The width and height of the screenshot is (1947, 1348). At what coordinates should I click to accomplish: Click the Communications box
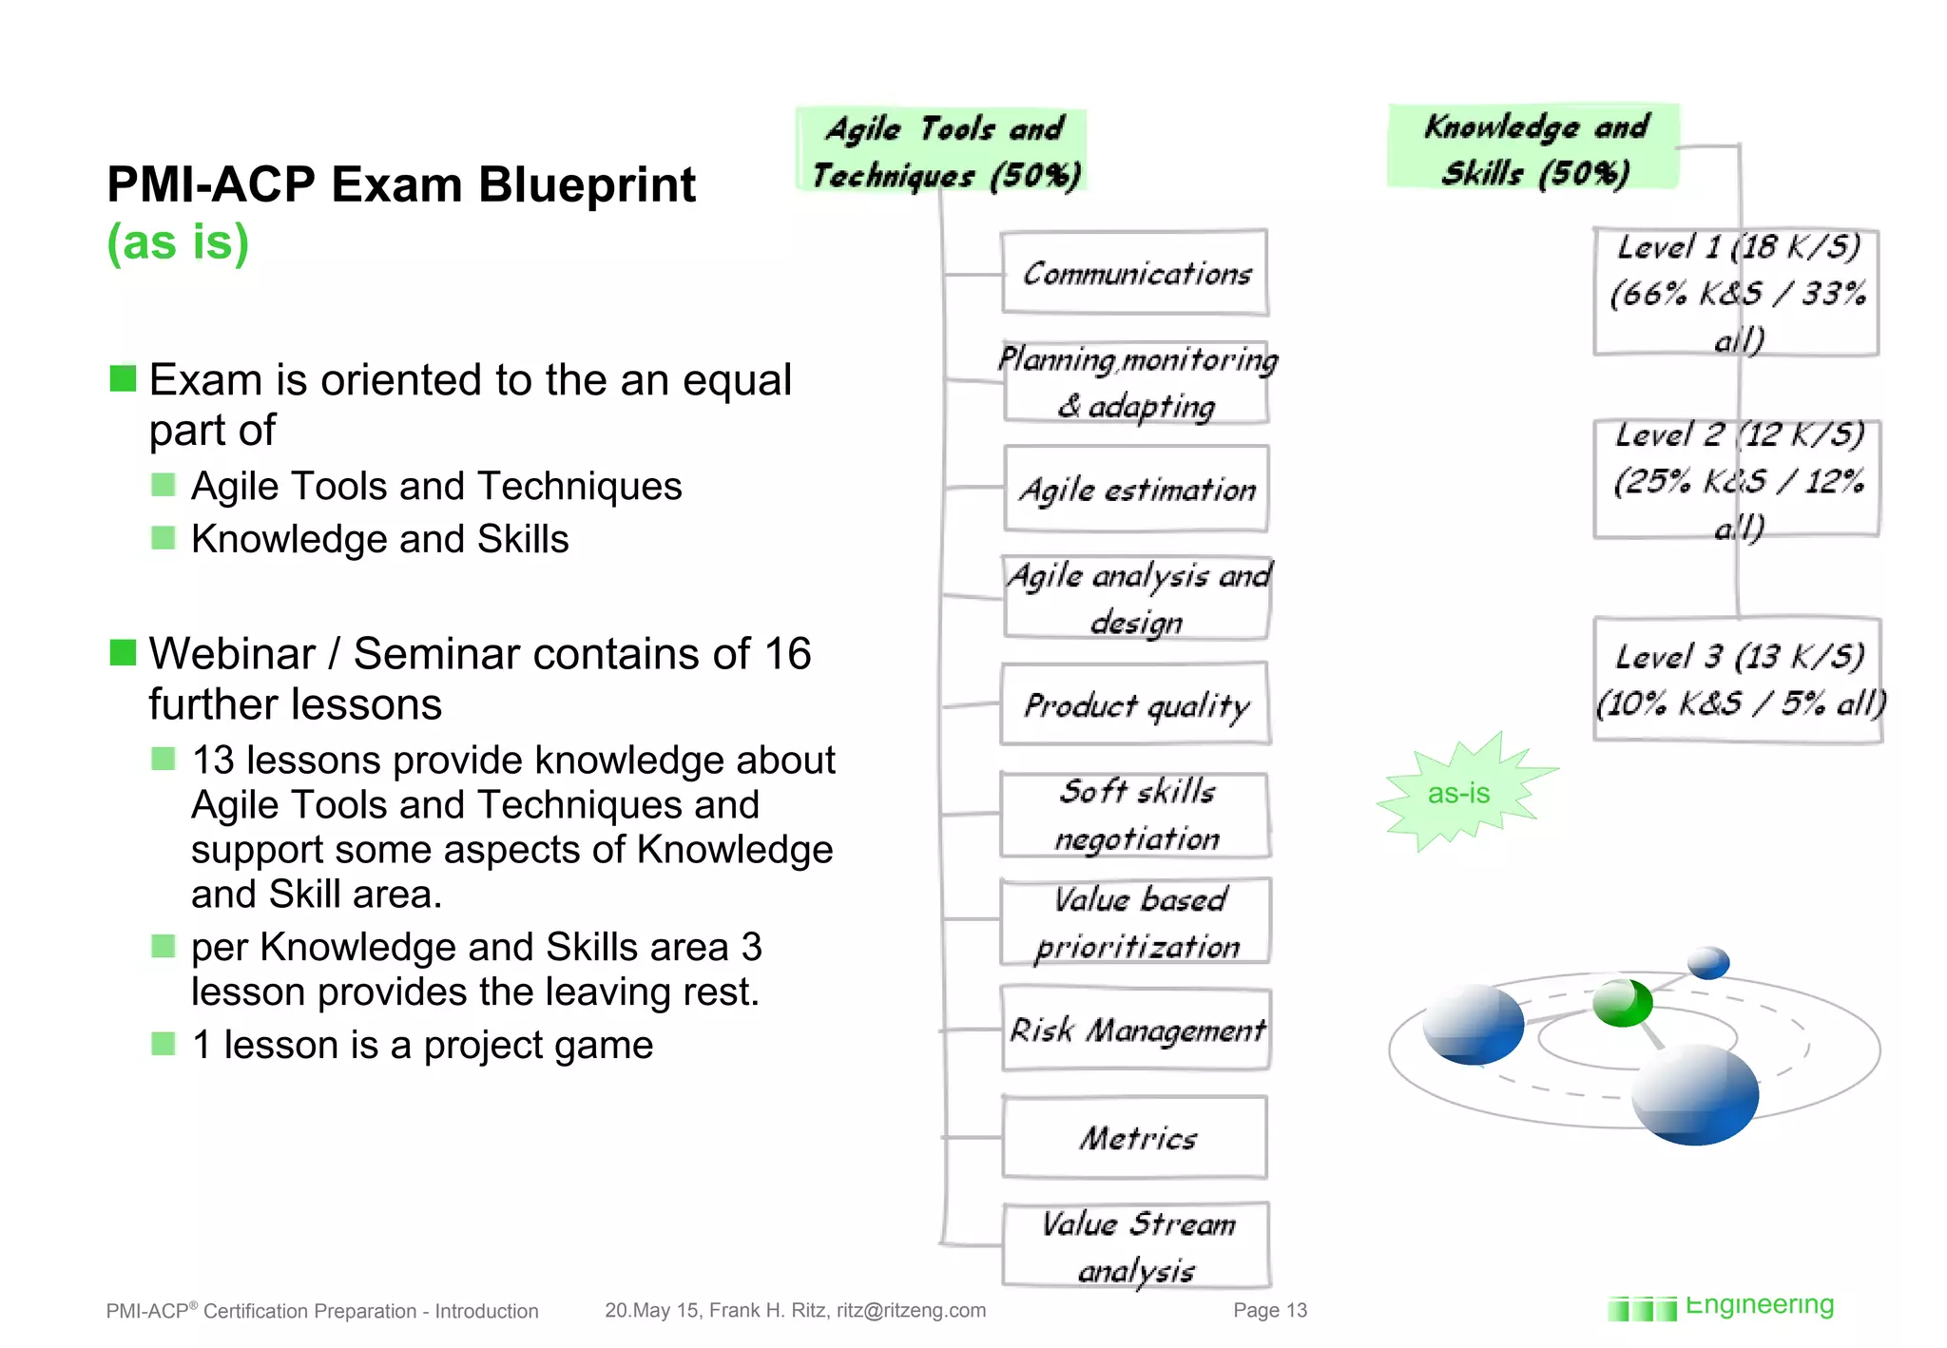pos(1135,274)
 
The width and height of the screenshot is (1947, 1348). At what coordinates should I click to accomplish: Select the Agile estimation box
pos(1136,490)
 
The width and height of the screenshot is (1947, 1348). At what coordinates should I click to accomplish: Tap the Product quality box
pos(1136,705)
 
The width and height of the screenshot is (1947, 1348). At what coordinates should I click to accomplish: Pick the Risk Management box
pos(1136,1030)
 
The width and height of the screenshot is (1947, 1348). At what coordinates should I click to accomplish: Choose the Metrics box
pos(1136,1138)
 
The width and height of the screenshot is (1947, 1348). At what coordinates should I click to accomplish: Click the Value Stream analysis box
pos(1136,1245)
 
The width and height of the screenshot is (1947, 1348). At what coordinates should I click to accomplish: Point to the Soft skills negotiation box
pos(1136,815)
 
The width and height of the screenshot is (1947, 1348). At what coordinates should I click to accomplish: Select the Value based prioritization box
pos(1136,922)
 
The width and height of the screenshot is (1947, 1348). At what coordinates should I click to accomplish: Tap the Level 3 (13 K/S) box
pos(1738,679)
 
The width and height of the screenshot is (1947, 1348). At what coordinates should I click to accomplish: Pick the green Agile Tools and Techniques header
pos(942,151)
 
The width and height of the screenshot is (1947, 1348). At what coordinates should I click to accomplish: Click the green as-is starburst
pos(1459,793)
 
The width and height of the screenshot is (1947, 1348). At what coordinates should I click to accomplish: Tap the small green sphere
pos(1622,1003)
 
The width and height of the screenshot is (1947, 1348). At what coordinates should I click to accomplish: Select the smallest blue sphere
pos(1708,962)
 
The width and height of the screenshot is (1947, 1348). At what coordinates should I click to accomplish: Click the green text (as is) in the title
pos(178,241)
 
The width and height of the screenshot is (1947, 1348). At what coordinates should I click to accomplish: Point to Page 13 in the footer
pos(1269,1310)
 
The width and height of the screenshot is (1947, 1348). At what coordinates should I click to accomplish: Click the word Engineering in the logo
pos(1759,1305)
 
